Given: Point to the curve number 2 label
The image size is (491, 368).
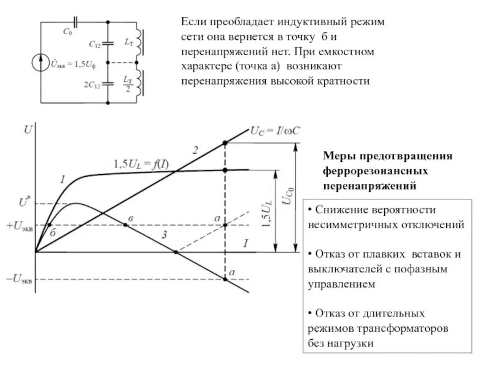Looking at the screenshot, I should (x=195, y=150).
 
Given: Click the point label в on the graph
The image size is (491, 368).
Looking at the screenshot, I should (x=130, y=218).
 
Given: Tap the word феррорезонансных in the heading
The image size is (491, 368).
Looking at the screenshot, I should (x=375, y=170).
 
